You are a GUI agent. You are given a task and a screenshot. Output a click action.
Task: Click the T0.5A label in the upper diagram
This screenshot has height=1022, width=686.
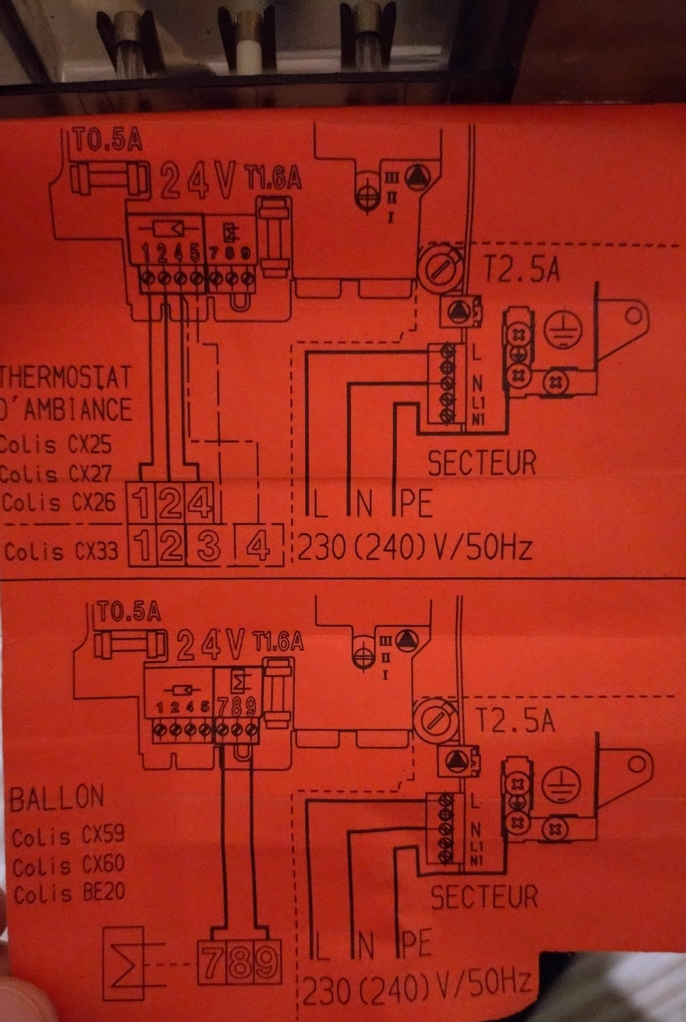(x=108, y=140)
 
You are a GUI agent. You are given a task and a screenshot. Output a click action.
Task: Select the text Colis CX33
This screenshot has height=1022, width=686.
(x=61, y=551)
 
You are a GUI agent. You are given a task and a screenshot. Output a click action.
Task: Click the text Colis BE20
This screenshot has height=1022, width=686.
(x=69, y=893)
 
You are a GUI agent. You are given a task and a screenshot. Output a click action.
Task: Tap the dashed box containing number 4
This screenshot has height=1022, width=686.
(x=258, y=545)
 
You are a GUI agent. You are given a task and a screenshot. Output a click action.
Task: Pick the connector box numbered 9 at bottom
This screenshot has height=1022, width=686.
(x=267, y=962)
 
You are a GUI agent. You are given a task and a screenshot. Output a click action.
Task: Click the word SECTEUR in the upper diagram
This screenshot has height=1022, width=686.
(x=482, y=463)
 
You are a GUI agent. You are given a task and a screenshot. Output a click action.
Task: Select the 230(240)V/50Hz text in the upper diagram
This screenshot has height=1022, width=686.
(x=414, y=548)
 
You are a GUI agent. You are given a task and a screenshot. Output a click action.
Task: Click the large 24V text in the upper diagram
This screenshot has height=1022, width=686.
(x=198, y=180)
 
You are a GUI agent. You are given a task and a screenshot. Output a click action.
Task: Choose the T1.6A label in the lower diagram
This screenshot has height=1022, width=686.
(x=278, y=642)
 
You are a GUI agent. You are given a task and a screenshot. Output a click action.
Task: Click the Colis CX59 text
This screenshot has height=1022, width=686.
(x=68, y=836)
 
